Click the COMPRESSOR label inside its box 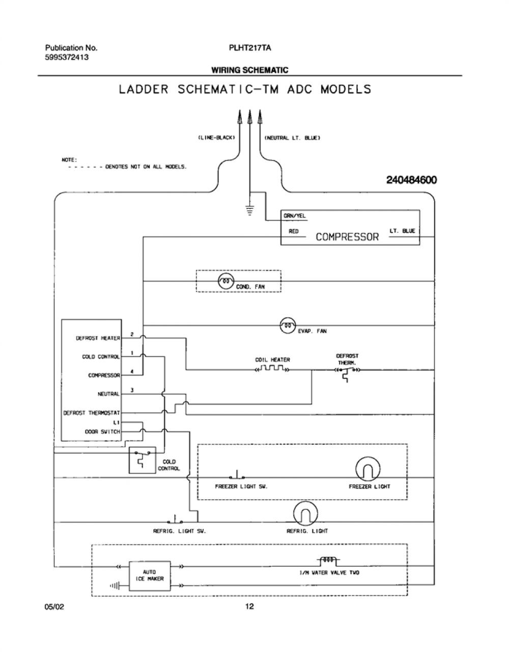pyautogui.click(x=347, y=237)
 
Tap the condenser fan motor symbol pyautogui.click(x=226, y=282)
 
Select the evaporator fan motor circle pyautogui.click(x=288, y=325)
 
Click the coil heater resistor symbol pyautogui.click(x=272, y=368)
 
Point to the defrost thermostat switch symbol pyautogui.click(x=347, y=373)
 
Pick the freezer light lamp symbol pyautogui.click(x=368, y=469)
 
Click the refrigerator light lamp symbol pyautogui.click(x=305, y=513)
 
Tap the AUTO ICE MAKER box pyautogui.click(x=150, y=576)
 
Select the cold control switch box pyautogui.click(x=143, y=460)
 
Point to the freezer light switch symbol pyautogui.click(x=237, y=475)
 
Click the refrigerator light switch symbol pyautogui.click(x=175, y=520)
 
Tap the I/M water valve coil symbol pyautogui.click(x=328, y=560)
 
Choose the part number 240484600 pyautogui.click(x=411, y=180)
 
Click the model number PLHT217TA pyautogui.click(x=250, y=48)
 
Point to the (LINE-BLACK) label pyautogui.click(x=216, y=138)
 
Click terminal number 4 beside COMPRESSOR pyautogui.click(x=132, y=371)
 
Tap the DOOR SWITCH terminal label pyautogui.click(x=102, y=432)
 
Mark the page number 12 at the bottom pyautogui.click(x=250, y=606)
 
